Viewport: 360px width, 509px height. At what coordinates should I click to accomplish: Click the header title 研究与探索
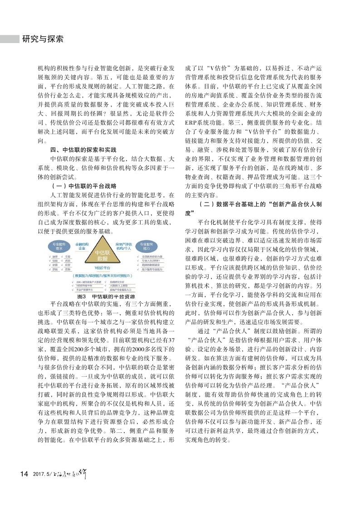43,39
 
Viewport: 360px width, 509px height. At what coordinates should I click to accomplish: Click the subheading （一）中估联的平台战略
82,186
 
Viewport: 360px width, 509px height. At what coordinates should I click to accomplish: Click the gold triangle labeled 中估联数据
102,255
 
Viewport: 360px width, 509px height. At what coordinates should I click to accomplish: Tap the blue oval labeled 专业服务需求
59,246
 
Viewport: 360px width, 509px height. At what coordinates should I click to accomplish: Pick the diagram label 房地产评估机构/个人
124,246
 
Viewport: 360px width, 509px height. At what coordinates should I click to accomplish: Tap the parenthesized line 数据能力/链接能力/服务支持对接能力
103,276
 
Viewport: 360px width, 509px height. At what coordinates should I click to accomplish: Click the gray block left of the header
9,39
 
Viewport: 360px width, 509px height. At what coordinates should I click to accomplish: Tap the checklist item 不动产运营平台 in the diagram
84,289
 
